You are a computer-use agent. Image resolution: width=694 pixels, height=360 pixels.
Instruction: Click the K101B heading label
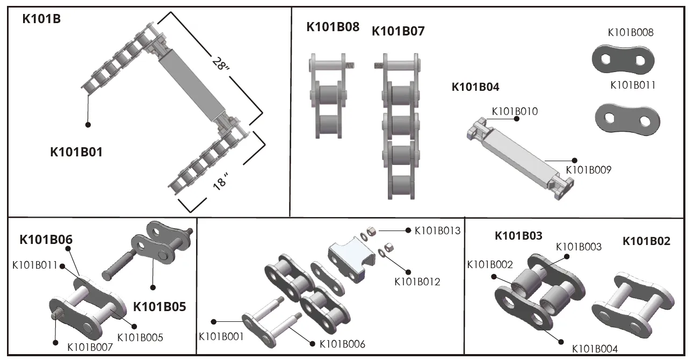[41, 19]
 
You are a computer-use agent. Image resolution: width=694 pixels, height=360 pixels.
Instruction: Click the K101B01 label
[76, 152]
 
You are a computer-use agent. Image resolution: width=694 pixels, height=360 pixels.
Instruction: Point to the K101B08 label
[332, 27]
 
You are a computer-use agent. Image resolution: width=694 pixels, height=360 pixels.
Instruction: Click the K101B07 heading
[398, 31]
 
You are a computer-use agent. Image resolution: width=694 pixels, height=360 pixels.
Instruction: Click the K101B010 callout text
[515, 112]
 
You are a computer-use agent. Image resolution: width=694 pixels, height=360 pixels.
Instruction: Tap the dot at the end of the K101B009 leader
[574, 160]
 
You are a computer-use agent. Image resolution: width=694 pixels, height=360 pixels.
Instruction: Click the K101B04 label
[475, 87]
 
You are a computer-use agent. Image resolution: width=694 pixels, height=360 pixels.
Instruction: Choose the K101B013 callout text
[437, 231]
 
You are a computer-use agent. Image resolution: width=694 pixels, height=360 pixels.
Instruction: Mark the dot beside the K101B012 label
[408, 272]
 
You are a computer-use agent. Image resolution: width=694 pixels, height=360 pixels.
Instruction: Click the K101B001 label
[221, 337]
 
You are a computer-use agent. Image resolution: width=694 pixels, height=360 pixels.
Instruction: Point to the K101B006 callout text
[342, 344]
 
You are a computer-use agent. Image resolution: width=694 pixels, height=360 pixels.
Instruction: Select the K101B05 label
[160, 307]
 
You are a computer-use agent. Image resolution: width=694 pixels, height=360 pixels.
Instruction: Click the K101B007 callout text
[90, 347]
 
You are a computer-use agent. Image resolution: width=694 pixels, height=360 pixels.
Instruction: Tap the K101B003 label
[579, 247]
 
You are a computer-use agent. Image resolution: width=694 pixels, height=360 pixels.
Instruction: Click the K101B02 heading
[646, 241]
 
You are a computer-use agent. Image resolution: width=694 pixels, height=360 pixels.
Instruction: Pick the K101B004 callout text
[595, 349]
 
